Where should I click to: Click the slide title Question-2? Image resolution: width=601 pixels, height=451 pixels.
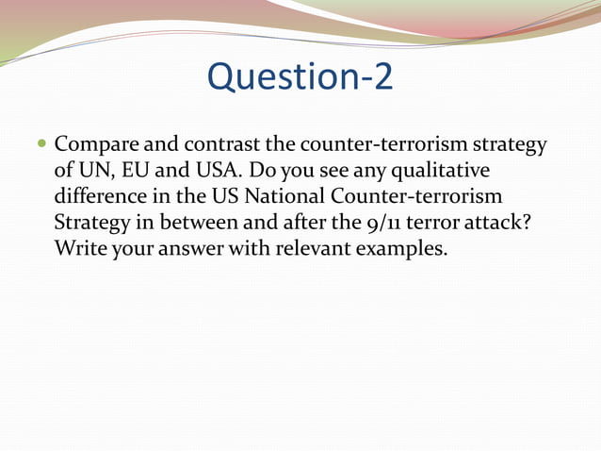tap(300, 77)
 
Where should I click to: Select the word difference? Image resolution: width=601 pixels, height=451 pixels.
tap(97, 199)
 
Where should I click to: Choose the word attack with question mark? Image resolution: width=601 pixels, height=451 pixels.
tap(513, 225)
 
